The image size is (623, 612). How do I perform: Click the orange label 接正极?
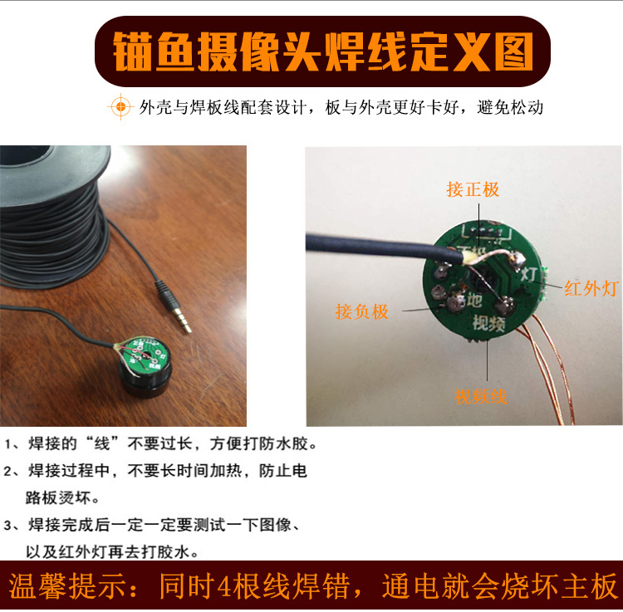473,189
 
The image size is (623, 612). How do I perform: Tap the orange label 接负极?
361,311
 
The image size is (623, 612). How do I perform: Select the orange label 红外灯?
591,288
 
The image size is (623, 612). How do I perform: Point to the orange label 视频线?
480,396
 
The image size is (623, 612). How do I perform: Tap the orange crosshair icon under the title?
120,107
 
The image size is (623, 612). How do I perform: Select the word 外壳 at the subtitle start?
155,107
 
